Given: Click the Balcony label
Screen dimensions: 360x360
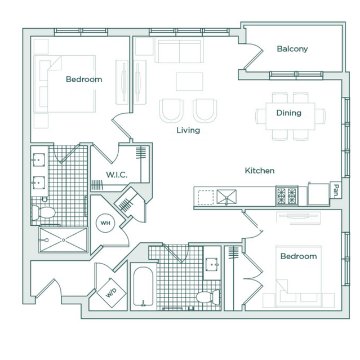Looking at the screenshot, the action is (x=292, y=49).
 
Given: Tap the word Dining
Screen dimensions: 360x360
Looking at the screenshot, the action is (x=289, y=113).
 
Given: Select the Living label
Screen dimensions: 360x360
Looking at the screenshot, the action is (x=188, y=130).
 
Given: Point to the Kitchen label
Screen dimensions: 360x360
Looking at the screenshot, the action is (x=260, y=171).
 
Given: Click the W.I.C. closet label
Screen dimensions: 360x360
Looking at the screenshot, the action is (x=117, y=175).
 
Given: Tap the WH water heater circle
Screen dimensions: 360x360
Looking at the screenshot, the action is (x=105, y=223).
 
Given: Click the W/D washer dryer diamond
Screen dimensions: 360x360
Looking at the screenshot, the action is (x=112, y=293).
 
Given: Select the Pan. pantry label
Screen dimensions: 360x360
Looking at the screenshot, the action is (x=336, y=191).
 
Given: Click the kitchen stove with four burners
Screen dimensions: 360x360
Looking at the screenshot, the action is (x=287, y=196).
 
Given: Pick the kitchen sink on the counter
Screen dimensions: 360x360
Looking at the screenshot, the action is (x=226, y=197).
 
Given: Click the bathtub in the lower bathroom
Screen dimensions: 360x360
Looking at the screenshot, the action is (x=143, y=286).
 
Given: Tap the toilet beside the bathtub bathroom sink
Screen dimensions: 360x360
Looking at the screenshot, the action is (x=208, y=297).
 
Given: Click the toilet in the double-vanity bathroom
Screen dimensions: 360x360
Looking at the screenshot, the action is (x=43, y=212).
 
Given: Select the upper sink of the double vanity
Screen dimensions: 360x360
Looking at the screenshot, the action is (x=38, y=160).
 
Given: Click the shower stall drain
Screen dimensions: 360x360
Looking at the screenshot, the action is (x=63, y=240).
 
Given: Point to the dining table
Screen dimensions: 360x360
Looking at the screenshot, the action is (x=291, y=117).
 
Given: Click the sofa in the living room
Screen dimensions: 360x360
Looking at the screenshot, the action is (x=179, y=50).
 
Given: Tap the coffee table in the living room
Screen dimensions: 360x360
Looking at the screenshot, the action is (x=189, y=82).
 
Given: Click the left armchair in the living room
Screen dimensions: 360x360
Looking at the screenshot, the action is (x=171, y=110).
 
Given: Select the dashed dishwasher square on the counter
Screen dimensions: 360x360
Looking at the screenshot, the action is (x=206, y=197).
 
